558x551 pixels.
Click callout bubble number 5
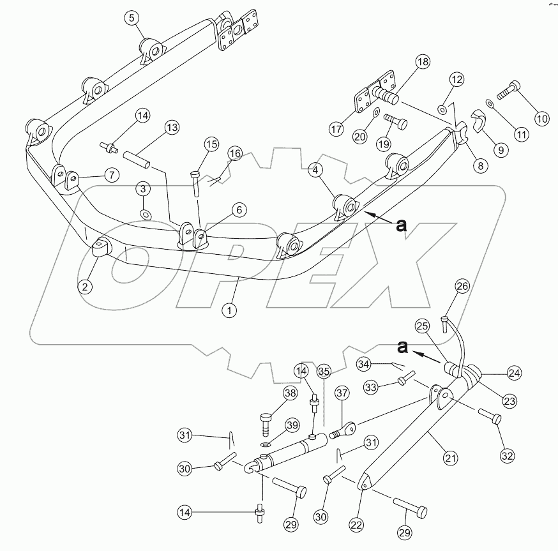[132, 18]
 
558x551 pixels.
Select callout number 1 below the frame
[230, 311]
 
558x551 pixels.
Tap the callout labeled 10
[541, 118]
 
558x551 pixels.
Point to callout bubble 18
[423, 62]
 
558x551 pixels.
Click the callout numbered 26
[462, 287]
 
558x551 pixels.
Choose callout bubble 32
[507, 456]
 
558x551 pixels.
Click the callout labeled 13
[171, 128]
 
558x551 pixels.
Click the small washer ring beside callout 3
[146, 213]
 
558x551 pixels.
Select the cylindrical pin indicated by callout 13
[136, 158]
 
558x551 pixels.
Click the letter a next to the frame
[401, 225]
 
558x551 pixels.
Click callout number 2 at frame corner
[85, 287]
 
